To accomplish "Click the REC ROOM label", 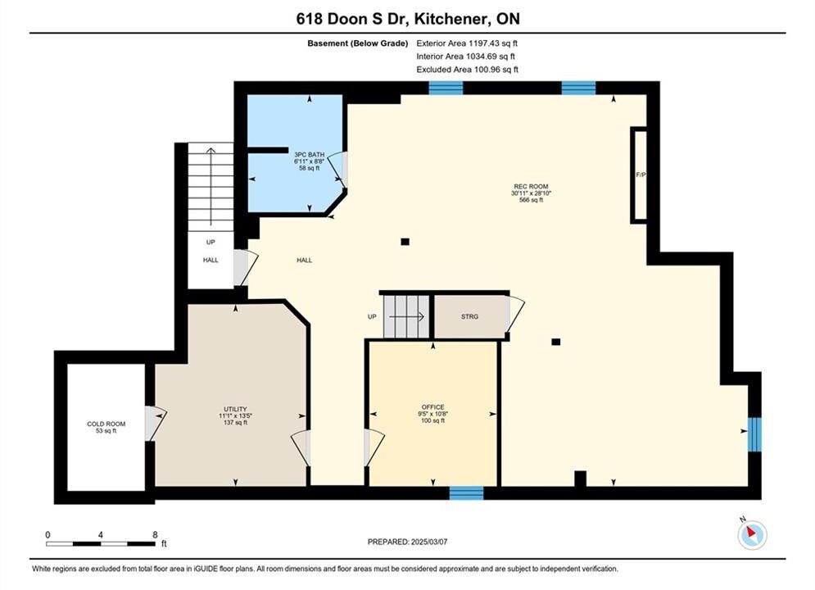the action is [x=531, y=187].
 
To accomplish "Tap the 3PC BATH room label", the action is [x=310, y=154].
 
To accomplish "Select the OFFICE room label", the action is [x=433, y=407].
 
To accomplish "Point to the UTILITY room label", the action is [x=235, y=409].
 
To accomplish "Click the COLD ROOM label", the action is [x=106, y=424].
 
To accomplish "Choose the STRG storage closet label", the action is [x=469, y=316].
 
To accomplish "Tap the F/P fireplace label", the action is [x=641, y=175].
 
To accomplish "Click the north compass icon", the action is [x=752, y=533].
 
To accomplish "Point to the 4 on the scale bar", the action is [x=100, y=534].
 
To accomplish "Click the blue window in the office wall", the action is [x=466, y=492].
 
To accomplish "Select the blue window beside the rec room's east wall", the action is [x=754, y=434].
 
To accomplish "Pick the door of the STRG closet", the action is [x=514, y=314].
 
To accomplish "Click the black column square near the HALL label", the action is [x=405, y=242].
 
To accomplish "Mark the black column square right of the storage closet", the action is [x=555, y=342].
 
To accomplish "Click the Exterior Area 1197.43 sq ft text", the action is [x=467, y=43].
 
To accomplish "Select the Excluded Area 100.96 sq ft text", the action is [x=467, y=70].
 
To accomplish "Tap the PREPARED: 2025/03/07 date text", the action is [x=408, y=542].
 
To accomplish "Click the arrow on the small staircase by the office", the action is [x=406, y=316].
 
